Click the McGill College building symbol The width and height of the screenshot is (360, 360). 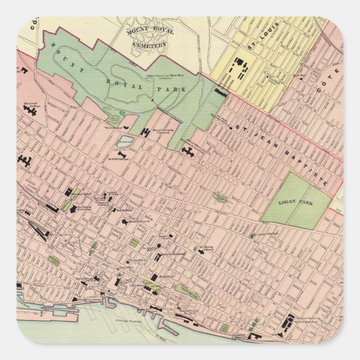click(x=121, y=153)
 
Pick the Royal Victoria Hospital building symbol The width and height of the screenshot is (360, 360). click(x=147, y=132)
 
